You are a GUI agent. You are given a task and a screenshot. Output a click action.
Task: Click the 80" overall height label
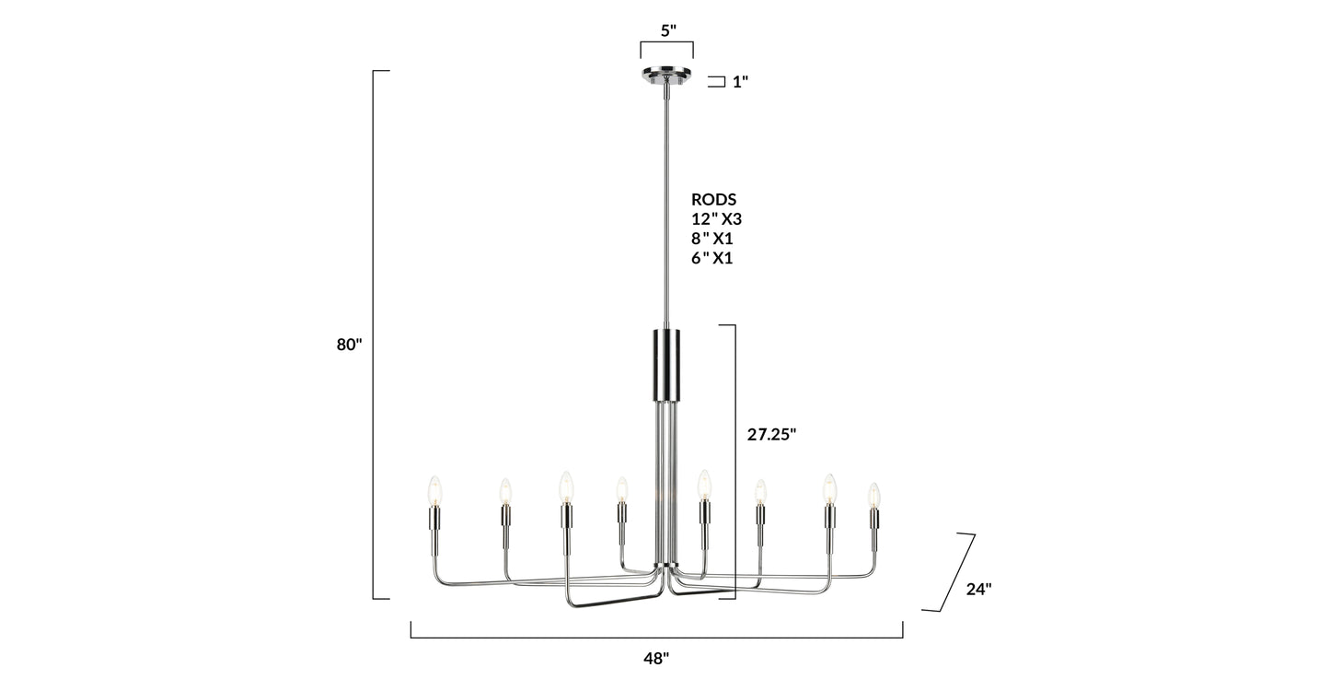(x=349, y=345)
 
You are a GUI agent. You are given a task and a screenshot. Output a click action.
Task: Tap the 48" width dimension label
(x=656, y=659)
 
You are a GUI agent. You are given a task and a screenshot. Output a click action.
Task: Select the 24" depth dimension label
(x=978, y=590)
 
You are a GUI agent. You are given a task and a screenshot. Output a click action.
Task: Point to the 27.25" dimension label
(x=771, y=435)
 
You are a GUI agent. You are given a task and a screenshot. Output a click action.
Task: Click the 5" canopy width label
(x=668, y=31)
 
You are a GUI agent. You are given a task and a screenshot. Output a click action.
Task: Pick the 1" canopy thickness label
(x=740, y=82)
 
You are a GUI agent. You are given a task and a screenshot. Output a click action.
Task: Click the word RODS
(x=713, y=200)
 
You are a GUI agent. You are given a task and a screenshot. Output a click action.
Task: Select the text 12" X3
(x=717, y=219)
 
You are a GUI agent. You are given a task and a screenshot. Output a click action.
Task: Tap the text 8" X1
(x=711, y=239)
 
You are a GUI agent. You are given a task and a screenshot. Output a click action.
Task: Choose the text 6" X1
(x=711, y=259)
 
